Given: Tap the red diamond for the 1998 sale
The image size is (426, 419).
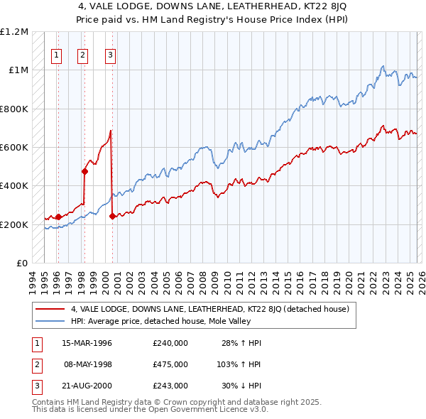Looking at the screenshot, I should click(84, 171).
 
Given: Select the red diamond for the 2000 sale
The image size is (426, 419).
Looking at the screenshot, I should click(112, 217).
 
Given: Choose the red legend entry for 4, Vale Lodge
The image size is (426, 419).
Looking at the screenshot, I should click(209, 310).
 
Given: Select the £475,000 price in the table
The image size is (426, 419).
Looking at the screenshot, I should click(170, 364).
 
